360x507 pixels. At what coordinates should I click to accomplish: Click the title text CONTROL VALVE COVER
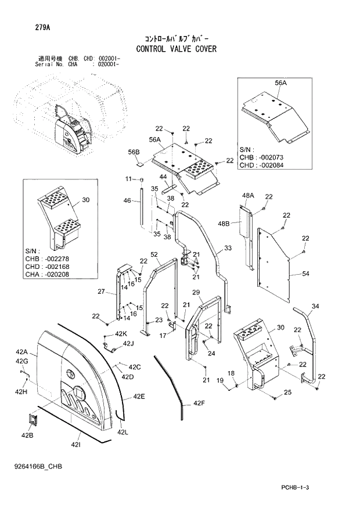176,49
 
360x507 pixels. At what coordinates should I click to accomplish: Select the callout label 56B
134,153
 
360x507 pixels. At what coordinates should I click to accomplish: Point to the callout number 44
163,177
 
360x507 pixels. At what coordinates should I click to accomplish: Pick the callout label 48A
249,195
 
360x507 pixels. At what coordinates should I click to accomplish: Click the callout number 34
315,306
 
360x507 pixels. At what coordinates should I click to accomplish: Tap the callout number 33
228,248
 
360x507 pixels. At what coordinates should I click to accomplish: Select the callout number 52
154,254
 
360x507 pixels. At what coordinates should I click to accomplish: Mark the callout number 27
100,292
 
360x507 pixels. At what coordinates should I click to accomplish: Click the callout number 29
196,292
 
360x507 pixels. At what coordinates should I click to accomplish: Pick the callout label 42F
199,403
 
